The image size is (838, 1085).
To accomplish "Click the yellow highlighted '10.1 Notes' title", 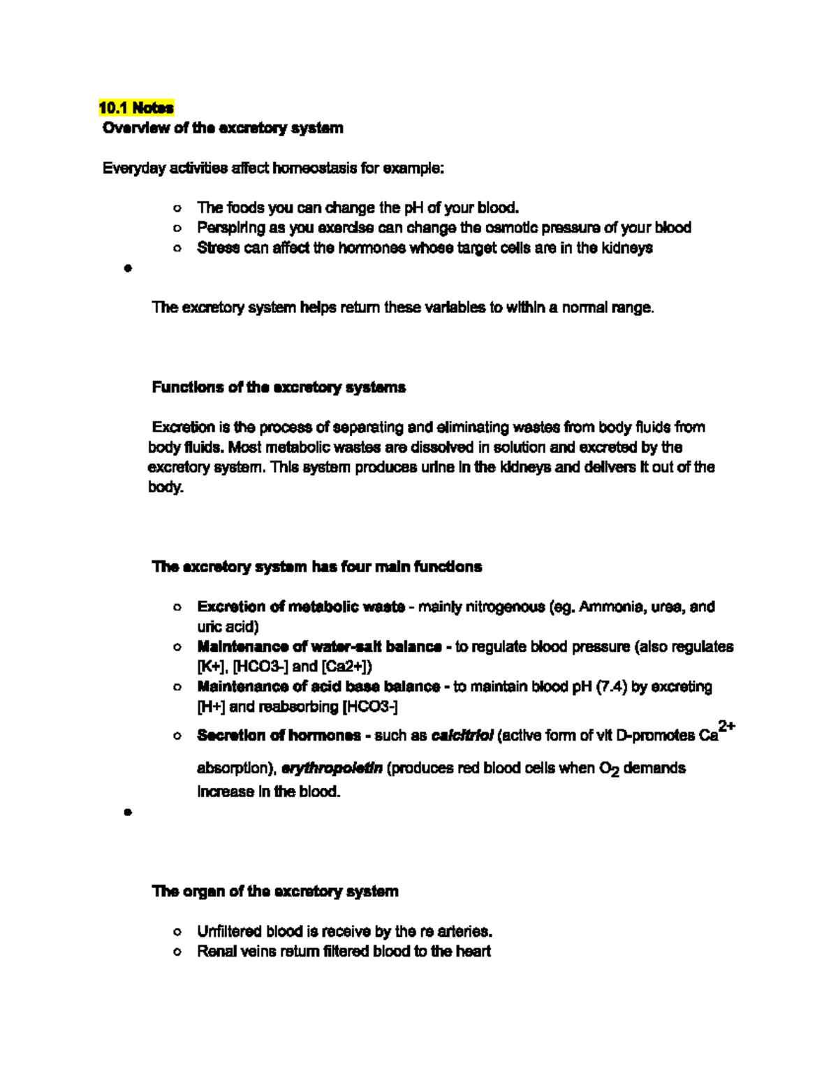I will click(x=135, y=108).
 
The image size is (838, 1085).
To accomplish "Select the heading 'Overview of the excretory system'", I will click(x=223, y=128).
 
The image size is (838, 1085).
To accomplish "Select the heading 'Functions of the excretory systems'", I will click(x=279, y=387).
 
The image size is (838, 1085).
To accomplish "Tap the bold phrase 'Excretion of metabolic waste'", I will click(x=301, y=607).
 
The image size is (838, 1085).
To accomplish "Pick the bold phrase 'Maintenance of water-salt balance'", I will click(x=319, y=647).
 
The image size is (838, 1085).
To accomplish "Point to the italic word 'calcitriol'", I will click(x=462, y=736).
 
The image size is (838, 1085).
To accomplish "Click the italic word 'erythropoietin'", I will click(x=331, y=769).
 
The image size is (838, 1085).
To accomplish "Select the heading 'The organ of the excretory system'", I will click(x=275, y=891).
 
